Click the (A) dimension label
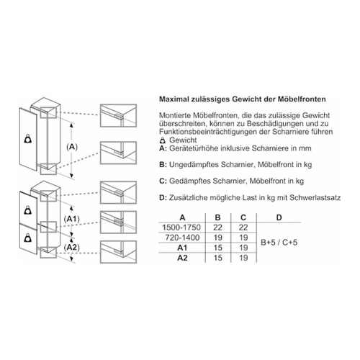pos(72,147)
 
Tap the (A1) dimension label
pos(72,219)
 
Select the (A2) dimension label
pos(72,247)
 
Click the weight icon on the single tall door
pos(29,139)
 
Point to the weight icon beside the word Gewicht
pos(163,140)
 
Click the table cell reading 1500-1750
pos(181,228)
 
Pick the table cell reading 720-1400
pos(182,238)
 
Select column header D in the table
pos(279,217)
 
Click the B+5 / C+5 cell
pos(279,243)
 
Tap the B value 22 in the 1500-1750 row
pos(217,228)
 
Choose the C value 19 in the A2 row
pos(243,258)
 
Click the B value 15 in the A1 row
pos(217,248)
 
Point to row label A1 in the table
pos(182,248)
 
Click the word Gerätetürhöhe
pos(194,148)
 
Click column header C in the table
pos(243,217)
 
